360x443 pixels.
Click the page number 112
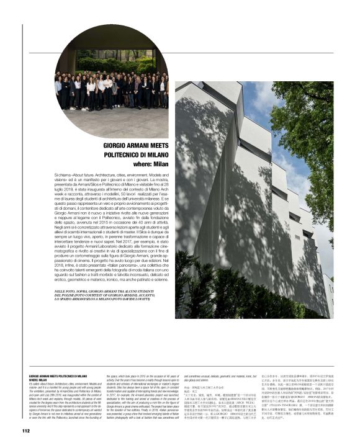pos(26,431)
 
